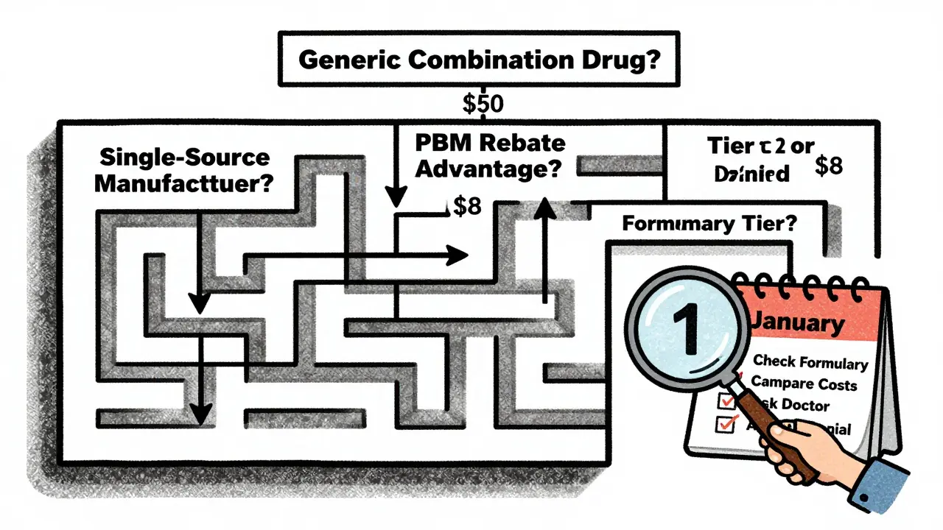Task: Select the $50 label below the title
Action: point(483,104)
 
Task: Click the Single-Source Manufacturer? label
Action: point(183,170)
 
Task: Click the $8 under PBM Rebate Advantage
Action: point(466,207)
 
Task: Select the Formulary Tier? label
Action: point(709,224)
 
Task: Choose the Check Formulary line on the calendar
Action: point(810,362)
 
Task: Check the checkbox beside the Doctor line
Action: point(725,400)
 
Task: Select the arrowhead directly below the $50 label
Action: point(397,197)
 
